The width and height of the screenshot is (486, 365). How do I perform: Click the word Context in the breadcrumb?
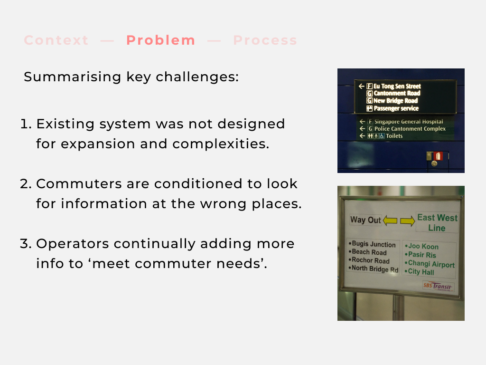pyautogui.click(x=56, y=40)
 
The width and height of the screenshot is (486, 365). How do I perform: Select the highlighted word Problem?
pyautogui.click(x=161, y=40)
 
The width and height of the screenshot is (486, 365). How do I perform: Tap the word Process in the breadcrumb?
pyautogui.click(x=265, y=40)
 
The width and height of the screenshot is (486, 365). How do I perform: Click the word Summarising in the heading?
pyautogui.click(x=72, y=77)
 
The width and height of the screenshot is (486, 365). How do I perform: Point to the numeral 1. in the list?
pyautogui.click(x=26, y=124)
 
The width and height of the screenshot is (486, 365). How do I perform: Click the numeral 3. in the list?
pyautogui.click(x=26, y=244)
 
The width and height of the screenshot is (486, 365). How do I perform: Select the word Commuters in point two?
pyautogui.click(x=79, y=184)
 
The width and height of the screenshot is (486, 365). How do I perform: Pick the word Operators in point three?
pyautogui.click(x=73, y=244)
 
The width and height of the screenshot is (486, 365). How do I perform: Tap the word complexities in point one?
pyautogui.click(x=221, y=144)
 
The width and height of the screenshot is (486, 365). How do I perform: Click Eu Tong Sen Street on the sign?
pyautogui.click(x=397, y=86)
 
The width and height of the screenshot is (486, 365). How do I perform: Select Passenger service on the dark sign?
pyautogui.click(x=396, y=108)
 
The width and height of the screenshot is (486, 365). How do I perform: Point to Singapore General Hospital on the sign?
pyautogui.click(x=409, y=122)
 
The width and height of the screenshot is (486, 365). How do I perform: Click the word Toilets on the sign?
pyautogui.click(x=394, y=136)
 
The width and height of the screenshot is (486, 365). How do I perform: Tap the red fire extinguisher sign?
pyautogui.click(x=438, y=156)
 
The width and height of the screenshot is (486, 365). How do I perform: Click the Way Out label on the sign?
pyautogui.click(x=365, y=220)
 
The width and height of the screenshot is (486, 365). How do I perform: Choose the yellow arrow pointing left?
pyautogui.click(x=390, y=221)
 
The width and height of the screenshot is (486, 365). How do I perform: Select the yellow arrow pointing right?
pyautogui.click(x=408, y=221)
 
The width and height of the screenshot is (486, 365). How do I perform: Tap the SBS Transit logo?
pyautogui.click(x=438, y=286)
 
